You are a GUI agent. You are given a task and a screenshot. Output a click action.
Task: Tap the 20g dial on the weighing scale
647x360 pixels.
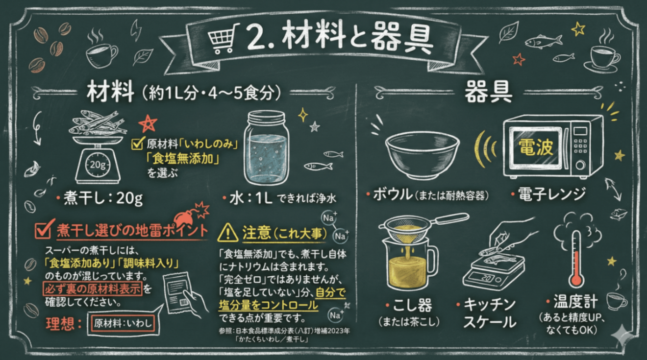pyautogui.click(x=97, y=164)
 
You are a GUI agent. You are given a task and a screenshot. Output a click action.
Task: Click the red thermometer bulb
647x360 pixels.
pyautogui.click(x=576, y=280)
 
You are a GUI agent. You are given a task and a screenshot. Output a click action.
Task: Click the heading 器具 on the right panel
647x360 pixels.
pyautogui.click(x=488, y=91)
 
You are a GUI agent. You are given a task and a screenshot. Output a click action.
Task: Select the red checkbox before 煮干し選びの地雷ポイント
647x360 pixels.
pyautogui.click(x=46, y=228)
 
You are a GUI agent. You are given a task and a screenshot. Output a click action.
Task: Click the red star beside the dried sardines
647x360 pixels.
pyautogui.click(x=147, y=124)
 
